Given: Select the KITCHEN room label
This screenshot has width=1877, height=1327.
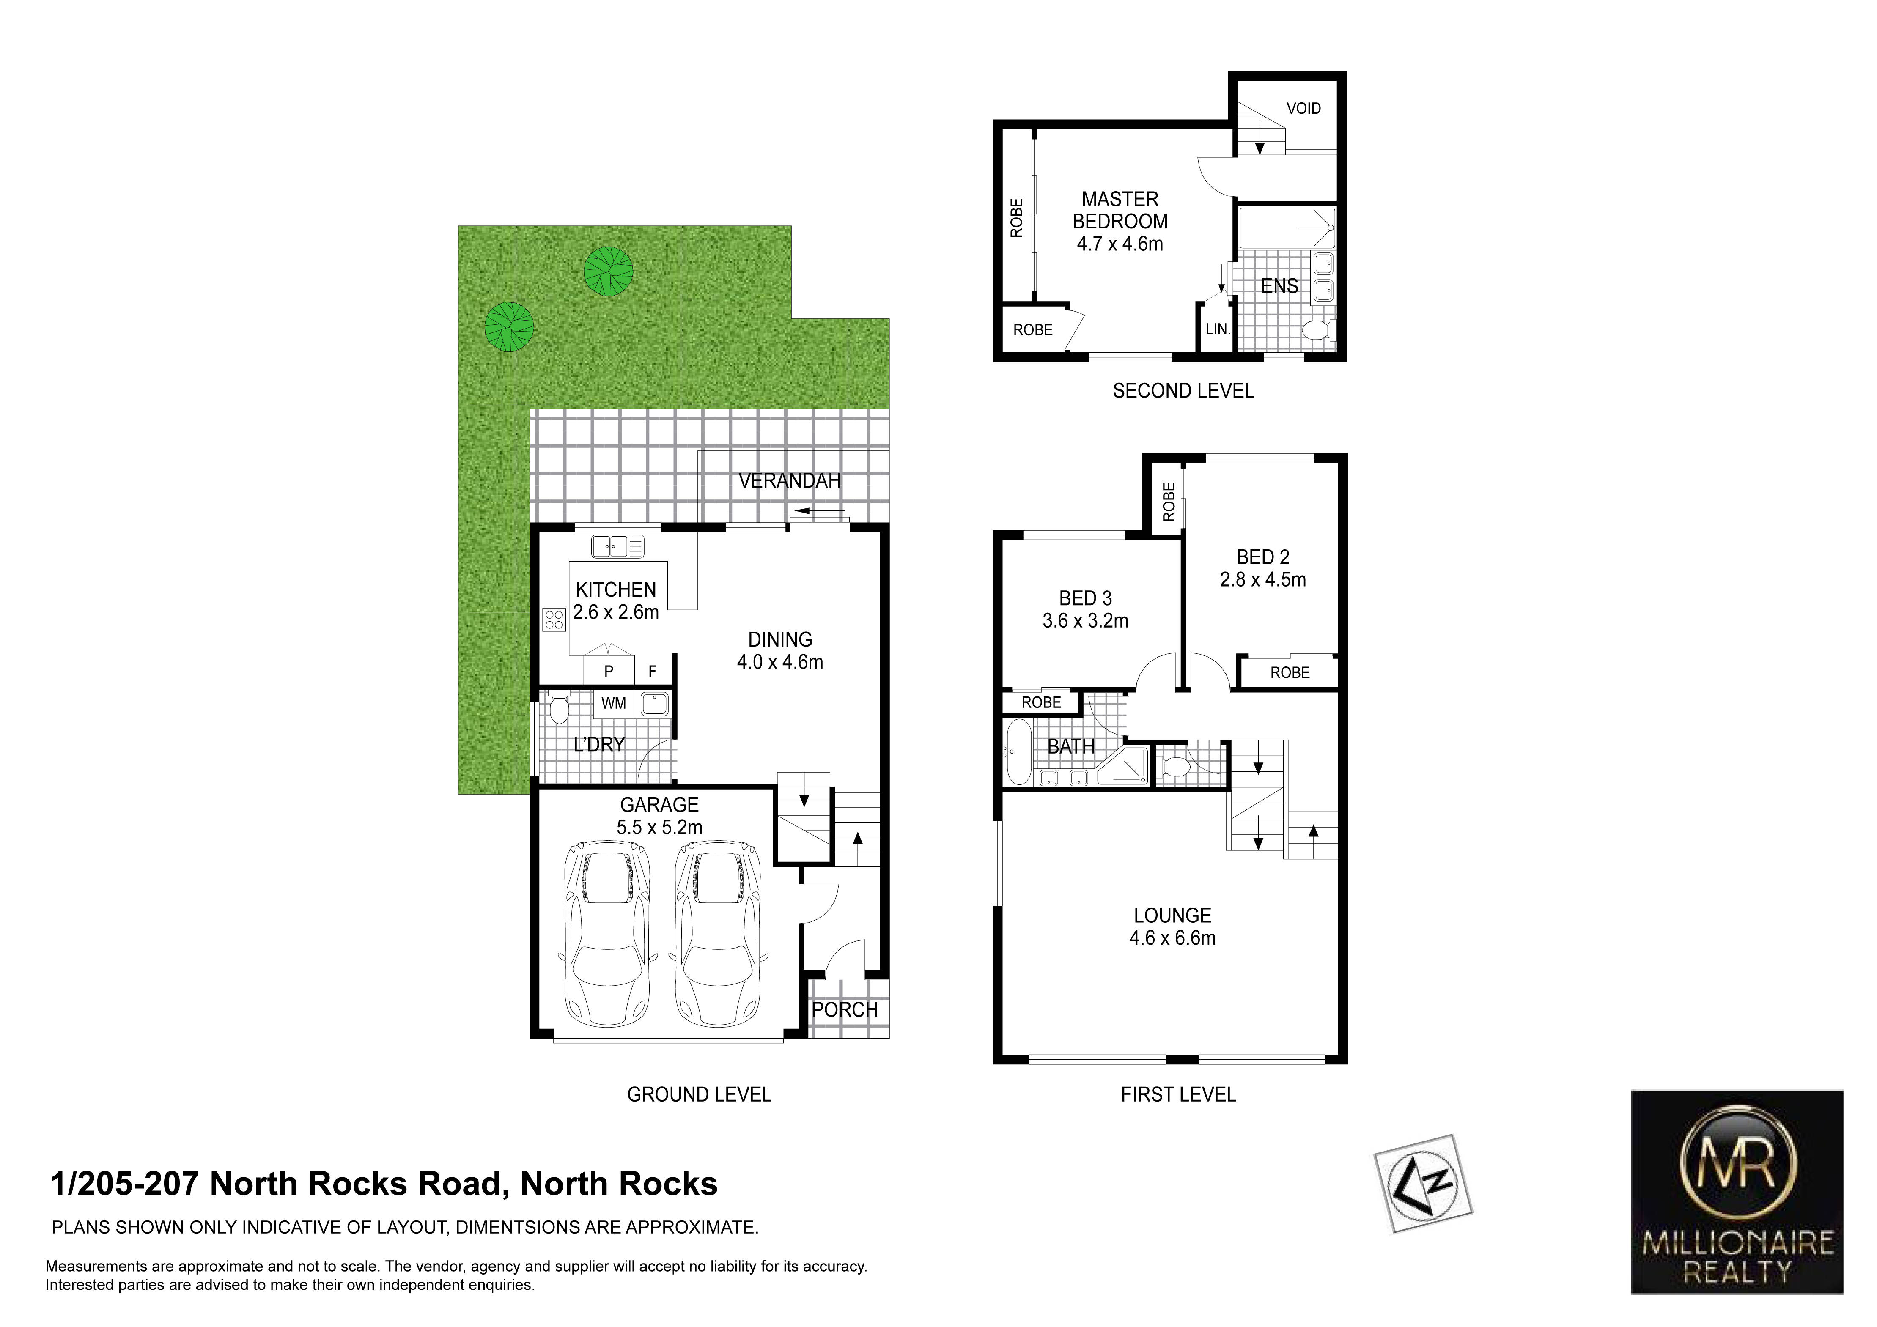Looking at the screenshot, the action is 615,589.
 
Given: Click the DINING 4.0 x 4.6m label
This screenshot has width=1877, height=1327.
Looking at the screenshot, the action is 780,651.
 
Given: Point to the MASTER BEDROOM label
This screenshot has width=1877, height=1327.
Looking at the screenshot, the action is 1120,210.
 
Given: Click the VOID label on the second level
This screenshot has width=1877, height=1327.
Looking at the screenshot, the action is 1303,108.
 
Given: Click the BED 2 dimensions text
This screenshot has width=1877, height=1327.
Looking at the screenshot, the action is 1263,580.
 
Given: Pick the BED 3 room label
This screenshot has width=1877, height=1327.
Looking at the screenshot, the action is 1086,598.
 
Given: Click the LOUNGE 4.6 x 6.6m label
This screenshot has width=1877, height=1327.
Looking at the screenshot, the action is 1172,927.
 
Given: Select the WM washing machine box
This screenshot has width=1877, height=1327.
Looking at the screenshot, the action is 614,703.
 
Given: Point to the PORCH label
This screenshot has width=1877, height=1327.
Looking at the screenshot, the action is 845,1010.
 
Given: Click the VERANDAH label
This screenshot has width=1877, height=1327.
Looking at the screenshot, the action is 790,481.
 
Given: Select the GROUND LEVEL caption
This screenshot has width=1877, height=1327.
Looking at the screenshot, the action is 699,1094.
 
